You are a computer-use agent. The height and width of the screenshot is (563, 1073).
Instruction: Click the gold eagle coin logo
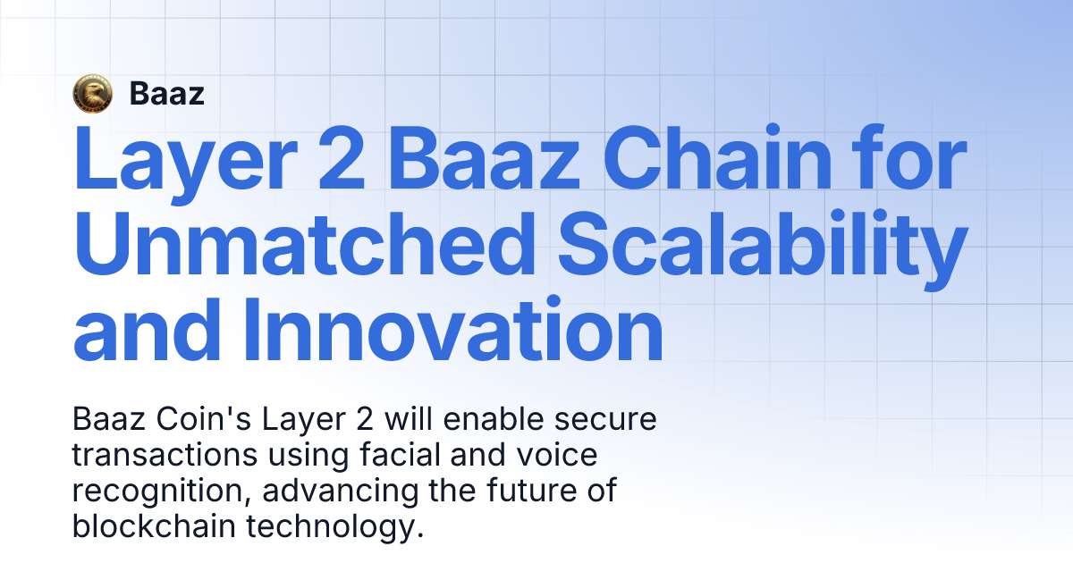[92, 93]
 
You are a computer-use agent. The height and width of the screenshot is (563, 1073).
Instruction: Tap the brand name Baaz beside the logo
[167, 93]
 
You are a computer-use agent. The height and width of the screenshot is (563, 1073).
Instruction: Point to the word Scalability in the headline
[761, 248]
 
